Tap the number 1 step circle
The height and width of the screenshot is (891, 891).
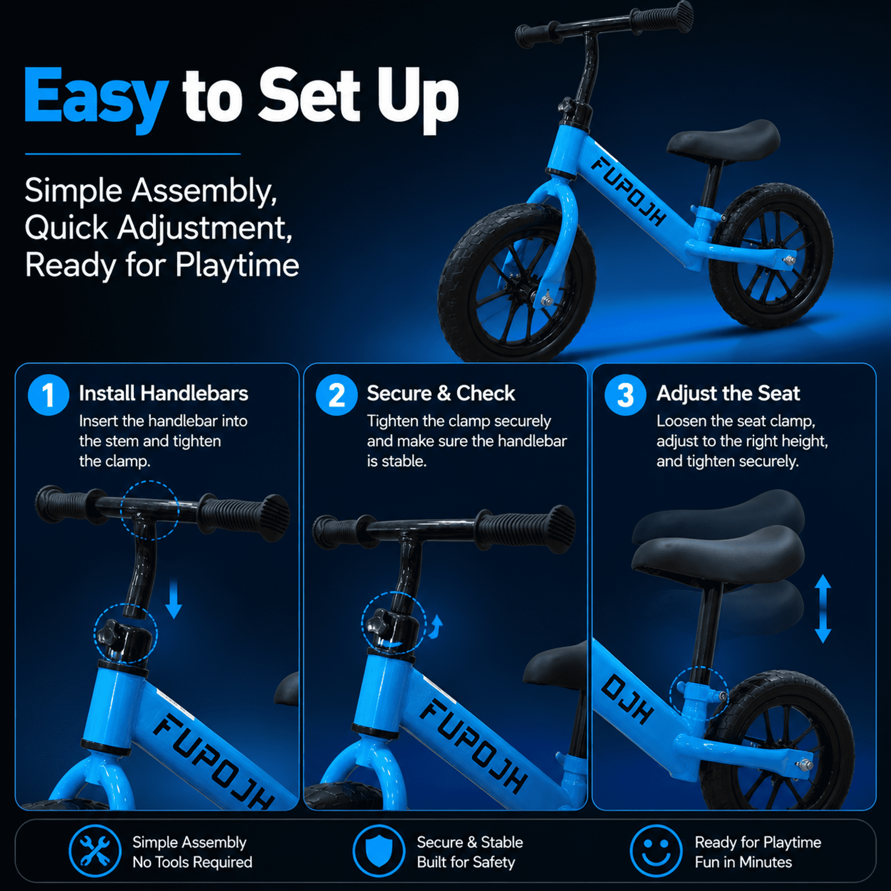click(49, 395)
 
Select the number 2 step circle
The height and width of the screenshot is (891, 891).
click(337, 395)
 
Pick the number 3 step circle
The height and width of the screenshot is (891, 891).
click(625, 395)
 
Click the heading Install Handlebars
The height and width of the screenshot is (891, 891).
click(163, 393)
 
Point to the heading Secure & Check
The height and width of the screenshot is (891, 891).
click(441, 393)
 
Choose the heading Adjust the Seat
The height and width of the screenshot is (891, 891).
click(728, 393)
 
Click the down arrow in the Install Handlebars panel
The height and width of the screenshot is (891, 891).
click(174, 599)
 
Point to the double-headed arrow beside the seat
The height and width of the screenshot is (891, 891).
click(823, 609)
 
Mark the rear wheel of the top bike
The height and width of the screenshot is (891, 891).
click(771, 256)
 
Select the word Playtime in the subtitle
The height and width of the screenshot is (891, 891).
click(237, 266)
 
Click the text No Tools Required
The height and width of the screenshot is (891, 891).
click(192, 862)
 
